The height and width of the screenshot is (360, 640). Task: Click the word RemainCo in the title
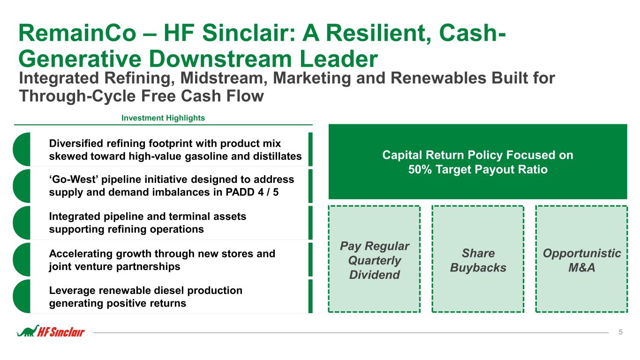pos(77,33)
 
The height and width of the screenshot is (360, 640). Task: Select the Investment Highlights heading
pos(163,118)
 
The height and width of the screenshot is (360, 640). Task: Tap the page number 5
pos(620,332)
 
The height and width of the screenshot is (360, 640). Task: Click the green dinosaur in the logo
pos(28,331)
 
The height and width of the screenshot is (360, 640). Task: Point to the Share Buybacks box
pos(478,259)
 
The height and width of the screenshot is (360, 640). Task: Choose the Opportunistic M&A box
pos(581,259)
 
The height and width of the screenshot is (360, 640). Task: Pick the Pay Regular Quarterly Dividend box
pos(374,259)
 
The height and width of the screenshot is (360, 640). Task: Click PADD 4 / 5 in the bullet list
pos(252,192)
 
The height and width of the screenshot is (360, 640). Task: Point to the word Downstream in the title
pos(220,59)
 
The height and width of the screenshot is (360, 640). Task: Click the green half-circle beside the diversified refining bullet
pos(22,149)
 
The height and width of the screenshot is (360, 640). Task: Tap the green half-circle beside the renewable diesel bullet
pos(22,296)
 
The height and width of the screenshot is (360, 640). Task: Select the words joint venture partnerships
pos(114,267)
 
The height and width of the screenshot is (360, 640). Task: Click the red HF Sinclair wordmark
pos(61,332)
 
